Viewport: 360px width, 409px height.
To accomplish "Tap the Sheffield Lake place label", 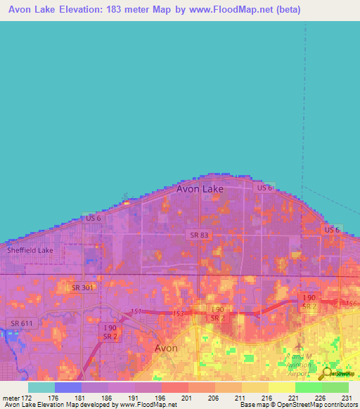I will (x=30, y=250).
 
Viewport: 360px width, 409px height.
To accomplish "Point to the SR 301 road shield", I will (x=83, y=287).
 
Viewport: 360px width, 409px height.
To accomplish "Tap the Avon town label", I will (x=166, y=348).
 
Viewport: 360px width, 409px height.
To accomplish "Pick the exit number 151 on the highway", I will (x=134, y=312).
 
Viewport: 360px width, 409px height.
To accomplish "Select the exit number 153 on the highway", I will (x=179, y=313).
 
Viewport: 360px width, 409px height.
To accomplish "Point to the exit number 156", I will (x=352, y=303).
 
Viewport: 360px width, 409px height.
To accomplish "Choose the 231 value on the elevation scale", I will (x=347, y=397).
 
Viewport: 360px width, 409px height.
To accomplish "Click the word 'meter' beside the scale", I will (x=11, y=397).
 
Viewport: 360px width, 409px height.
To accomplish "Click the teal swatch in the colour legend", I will (x=41, y=387).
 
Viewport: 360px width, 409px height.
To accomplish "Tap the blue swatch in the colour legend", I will (x=68, y=387).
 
